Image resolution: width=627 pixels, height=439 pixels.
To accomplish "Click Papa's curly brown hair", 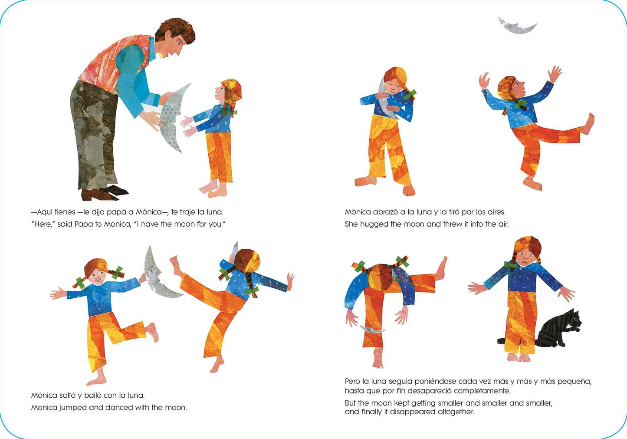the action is [175, 30].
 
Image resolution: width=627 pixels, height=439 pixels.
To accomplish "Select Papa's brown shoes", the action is [104, 193].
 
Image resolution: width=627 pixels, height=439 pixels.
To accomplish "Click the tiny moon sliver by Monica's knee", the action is [373, 330].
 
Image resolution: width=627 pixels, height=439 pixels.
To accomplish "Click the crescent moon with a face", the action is [156, 276].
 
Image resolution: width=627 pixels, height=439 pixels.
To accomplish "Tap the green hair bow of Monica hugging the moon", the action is [410, 94].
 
